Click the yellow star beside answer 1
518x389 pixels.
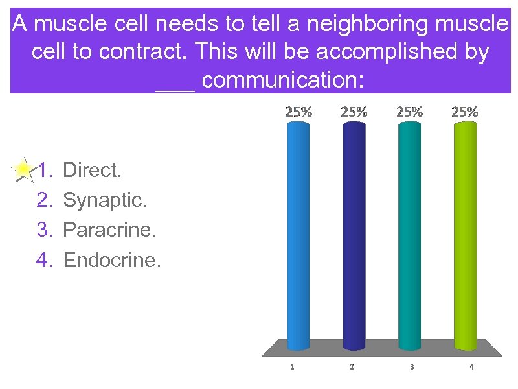(23, 171)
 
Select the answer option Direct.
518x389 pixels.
(92, 171)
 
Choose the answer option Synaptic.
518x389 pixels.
(105, 200)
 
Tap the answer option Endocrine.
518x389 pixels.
(111, 260)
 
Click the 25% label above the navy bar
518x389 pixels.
(354, 112)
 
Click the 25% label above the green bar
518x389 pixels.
(465, 112)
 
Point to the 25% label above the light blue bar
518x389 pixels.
(298, 112)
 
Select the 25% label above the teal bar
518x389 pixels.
(409, 112)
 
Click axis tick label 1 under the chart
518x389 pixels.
(292, 367)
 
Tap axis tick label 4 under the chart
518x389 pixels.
(471, 367)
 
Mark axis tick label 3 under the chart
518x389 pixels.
(412, 367)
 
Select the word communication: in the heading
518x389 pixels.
(284, 80)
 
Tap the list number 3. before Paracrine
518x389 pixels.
(45, 230)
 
